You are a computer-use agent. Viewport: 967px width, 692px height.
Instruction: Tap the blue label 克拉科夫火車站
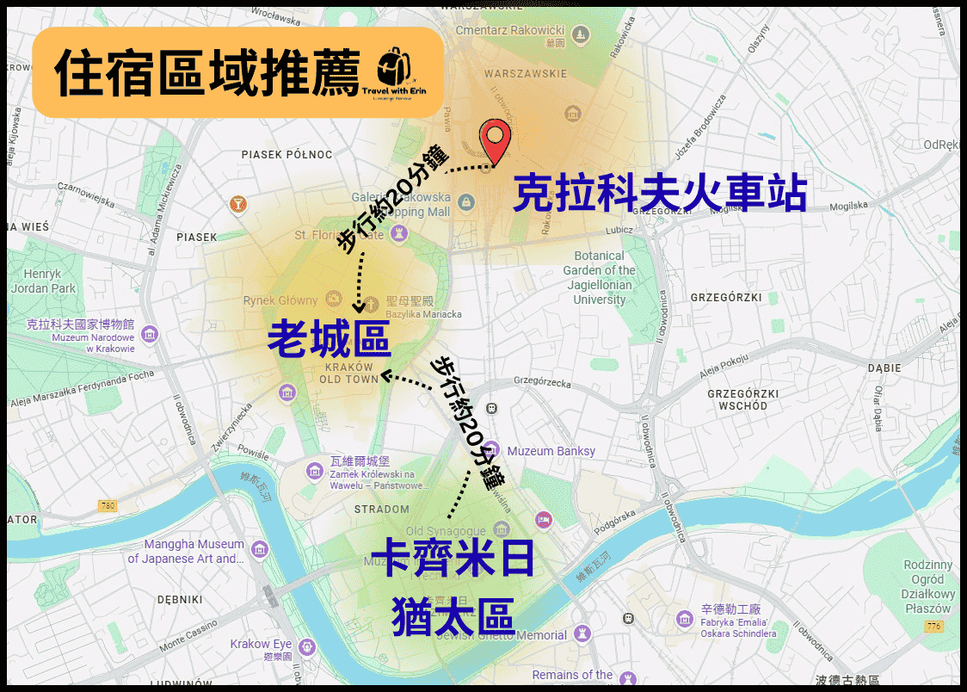(x=660, y=194)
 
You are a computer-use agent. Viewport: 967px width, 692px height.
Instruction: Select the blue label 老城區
(x=329, y=338)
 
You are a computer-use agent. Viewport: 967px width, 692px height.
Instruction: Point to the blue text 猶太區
(x=453, y=616)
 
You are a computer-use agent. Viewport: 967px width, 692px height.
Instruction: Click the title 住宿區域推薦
(x=206, y=73)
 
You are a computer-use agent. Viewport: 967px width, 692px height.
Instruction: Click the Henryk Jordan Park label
(x=43, y=281)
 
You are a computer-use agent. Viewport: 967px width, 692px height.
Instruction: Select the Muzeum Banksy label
(x=551, y=451)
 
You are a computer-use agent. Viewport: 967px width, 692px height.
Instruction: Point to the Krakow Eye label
(x=261, y=645)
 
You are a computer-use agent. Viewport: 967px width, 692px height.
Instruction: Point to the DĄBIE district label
(x=884, y=367)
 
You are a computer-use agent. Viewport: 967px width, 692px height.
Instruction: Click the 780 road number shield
(x=107, y=504)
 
